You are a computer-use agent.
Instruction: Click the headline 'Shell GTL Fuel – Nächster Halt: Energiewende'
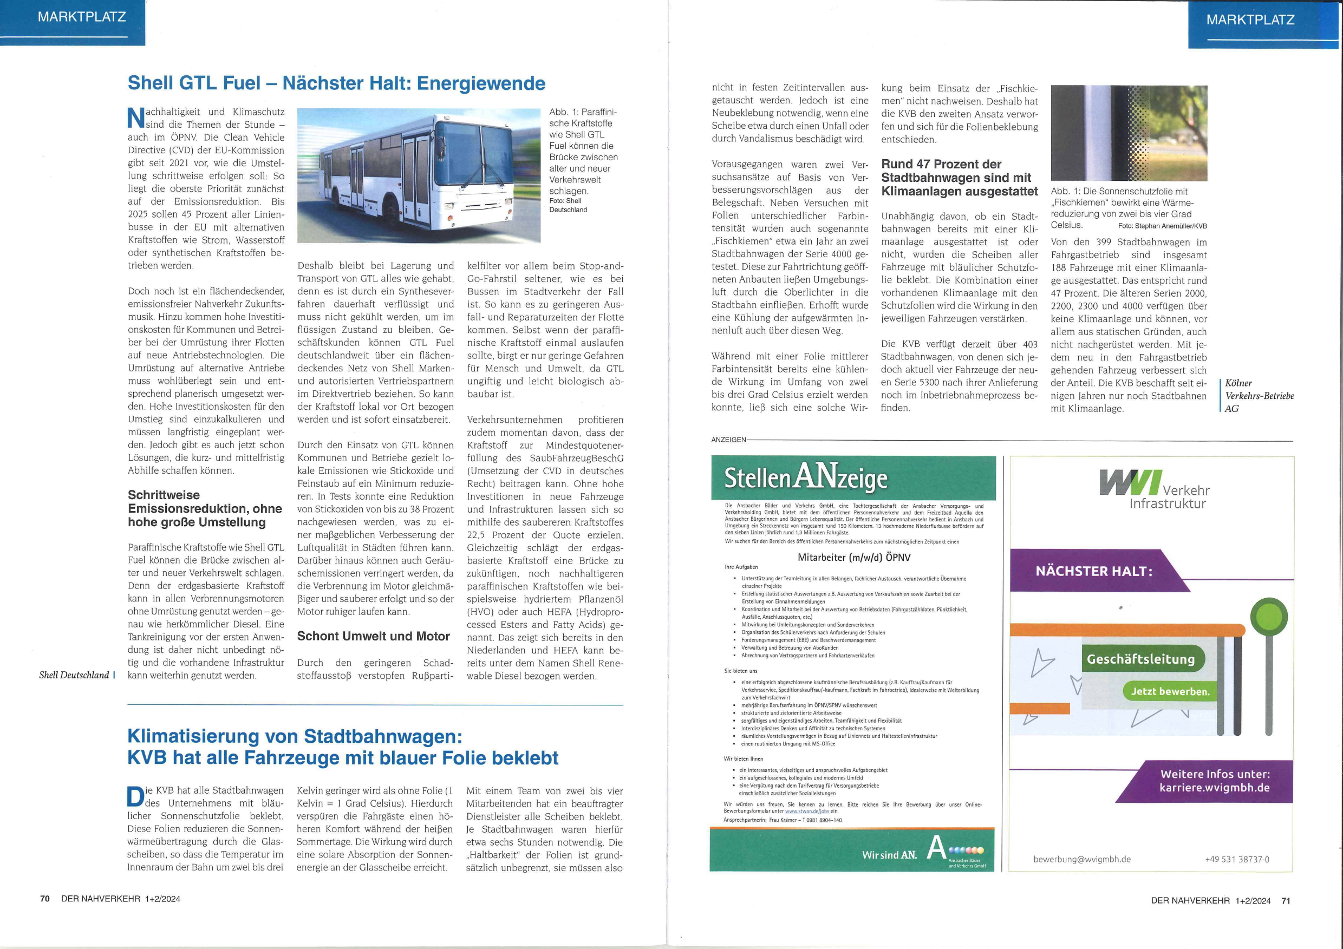click(336, 83)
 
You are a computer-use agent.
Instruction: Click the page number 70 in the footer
click(45, 899)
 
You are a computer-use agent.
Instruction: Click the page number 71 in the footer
click(1286, 900)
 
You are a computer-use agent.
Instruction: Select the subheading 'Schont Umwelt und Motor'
click(373, 636)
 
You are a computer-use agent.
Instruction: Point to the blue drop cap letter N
click(136, 117)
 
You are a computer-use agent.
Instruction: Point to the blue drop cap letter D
click(135, 796)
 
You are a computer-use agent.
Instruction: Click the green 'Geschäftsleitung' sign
click(1140, 659)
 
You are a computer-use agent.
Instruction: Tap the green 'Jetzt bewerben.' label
click(1170, 691)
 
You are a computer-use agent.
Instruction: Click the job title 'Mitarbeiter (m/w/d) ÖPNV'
click(854, 557)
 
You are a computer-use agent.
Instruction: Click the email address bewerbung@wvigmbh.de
click(1081, 859)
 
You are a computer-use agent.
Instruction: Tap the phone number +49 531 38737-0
click(1236, 859)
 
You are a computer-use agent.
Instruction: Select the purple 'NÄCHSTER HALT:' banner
click(1094, 571)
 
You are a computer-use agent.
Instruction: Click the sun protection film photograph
click(1129, 133)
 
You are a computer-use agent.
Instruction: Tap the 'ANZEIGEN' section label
click(728, 440)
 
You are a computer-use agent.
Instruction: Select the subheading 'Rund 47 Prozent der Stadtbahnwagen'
click(959, 178)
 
